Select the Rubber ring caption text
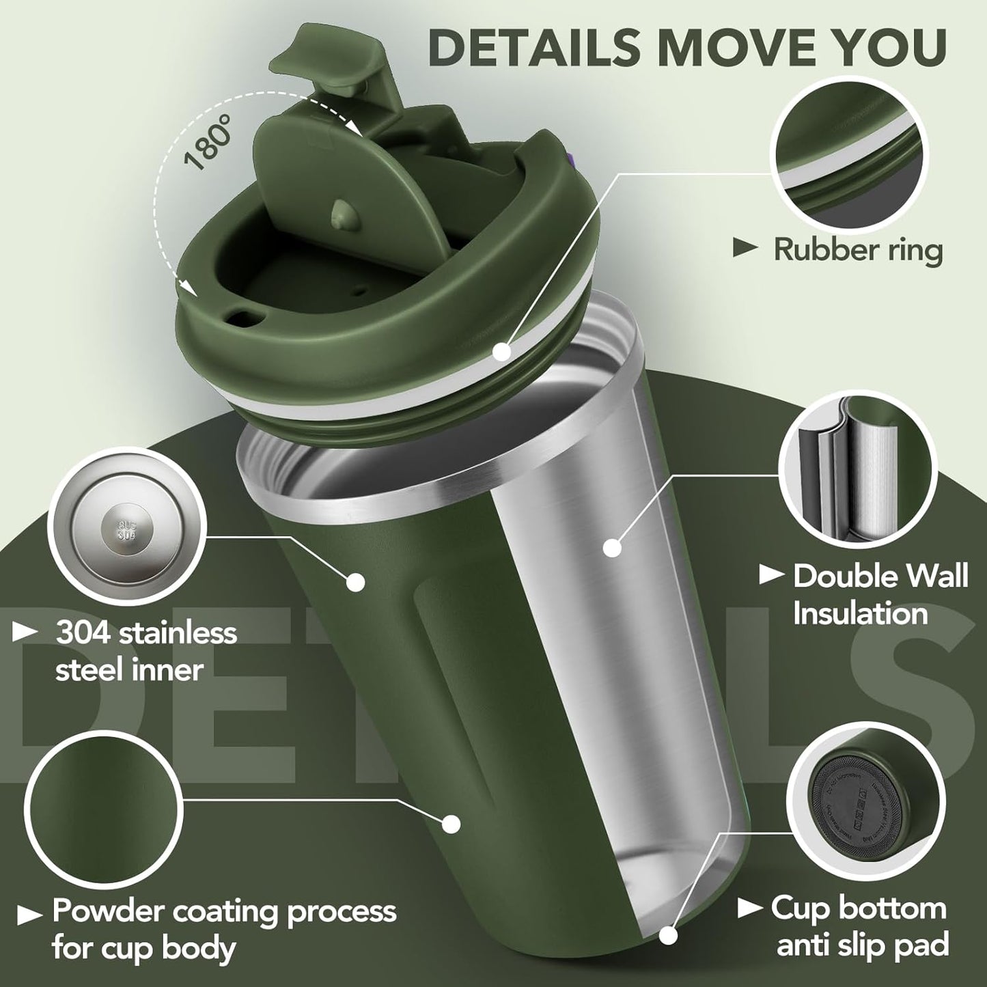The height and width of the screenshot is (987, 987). tap(857, 250)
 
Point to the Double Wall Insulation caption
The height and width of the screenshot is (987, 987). tap(880, 594)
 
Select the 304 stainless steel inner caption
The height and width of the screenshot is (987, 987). tap(145, 651)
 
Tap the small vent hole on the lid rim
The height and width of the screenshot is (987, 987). tap(241, 316)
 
